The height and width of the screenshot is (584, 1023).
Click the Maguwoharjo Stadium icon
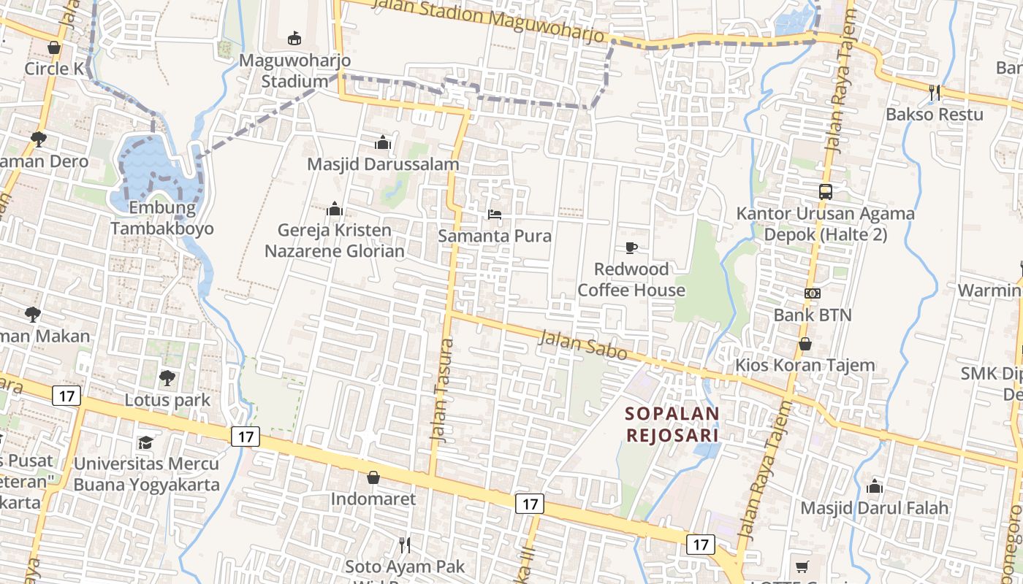coord(294,39)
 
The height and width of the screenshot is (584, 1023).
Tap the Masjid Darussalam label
coord(383,164)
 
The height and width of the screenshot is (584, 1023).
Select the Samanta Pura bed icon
coord(495,215)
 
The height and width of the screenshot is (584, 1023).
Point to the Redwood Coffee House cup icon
coord(631,248)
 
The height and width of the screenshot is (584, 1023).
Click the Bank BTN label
coord(813,315)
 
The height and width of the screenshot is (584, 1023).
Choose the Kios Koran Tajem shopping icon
coord(805,344)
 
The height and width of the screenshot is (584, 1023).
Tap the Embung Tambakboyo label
coord(161,218)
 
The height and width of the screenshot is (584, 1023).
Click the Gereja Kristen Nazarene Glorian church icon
coord(335,210)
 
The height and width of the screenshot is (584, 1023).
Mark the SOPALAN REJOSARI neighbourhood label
coord(672,424)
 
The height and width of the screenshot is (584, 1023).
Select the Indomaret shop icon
coord(373,477)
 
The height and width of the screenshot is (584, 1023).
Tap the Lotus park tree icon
coord(167,378)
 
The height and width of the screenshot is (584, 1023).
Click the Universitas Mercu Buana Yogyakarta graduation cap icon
coord(146,443)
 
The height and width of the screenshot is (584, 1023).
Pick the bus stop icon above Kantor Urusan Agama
coord(825,192)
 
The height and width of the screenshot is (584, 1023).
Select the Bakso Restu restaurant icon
coord(934,93)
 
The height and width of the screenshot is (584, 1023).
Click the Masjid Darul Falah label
coord(874,507)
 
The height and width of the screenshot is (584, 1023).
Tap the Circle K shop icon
coord(54,48)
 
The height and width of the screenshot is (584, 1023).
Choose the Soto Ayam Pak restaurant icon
coord(404,545)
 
